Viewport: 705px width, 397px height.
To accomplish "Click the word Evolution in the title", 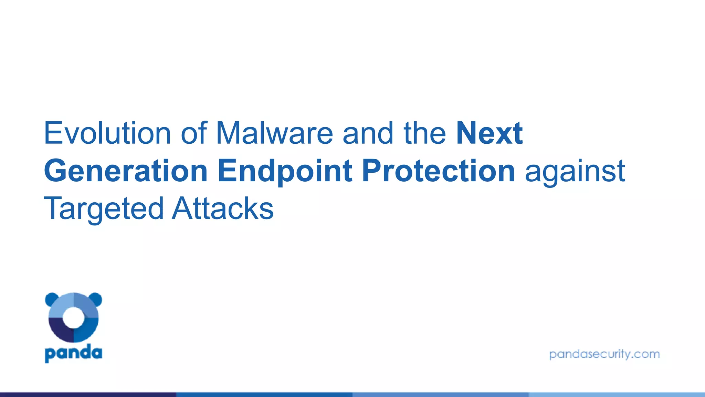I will coord(107,133).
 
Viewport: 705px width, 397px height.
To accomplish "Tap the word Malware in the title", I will coord(274,133).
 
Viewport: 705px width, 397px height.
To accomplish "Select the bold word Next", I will coord(489,133).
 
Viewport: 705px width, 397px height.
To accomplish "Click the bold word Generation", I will coord(126,171).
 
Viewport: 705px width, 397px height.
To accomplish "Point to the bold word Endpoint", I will coord(285,171).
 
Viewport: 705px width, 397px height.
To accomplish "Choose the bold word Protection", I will coord(438,171).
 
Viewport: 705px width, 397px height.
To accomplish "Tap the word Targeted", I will coord(103,209).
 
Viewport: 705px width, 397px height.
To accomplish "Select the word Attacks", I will coord(223,209).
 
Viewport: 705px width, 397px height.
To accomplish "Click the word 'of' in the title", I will coord(194,133).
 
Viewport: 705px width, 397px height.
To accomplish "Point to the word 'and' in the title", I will coord(368,133).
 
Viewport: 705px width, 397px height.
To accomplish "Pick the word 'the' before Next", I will coord(425,133).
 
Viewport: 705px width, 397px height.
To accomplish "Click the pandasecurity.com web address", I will coord(604,354).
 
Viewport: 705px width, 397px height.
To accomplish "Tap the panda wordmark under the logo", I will coord(73,353).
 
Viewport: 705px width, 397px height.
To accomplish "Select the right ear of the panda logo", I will coord(96,299).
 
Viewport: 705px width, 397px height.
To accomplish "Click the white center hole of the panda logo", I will coord(73,318).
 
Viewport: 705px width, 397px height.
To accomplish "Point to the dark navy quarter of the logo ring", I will coord(59,331).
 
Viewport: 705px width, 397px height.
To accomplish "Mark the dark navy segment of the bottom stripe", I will coord(88,394).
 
